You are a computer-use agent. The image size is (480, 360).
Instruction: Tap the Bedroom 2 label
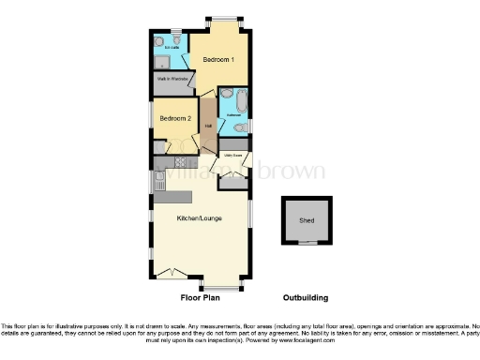(x=174, y=119)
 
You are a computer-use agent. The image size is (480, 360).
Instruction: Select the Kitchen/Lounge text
(x=200, y=218)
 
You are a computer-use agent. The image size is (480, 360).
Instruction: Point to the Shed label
(x=307, y=221)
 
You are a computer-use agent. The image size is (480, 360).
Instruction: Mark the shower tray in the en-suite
(x=162, y=61)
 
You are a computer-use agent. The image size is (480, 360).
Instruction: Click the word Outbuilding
(x=307, y=298)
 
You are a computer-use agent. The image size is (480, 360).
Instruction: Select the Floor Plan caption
(x=200, y=298)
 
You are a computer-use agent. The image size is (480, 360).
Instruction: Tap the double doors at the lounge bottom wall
(x=169, y=272)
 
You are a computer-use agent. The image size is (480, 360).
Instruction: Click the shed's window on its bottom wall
(x=307, y=244)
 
